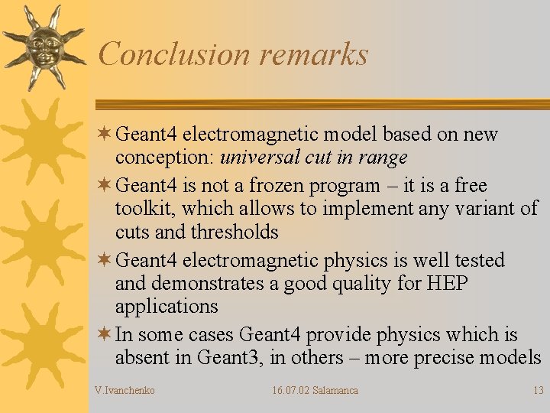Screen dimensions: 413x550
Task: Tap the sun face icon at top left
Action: pos(43,47)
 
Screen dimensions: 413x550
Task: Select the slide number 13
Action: pos(539,391)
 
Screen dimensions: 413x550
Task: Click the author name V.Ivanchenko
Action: pos(125,391)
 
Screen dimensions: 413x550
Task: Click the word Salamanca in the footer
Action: pos(335,391)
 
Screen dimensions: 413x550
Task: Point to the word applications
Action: pos(167,307)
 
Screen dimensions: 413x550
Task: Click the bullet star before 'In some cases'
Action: pos(105,335)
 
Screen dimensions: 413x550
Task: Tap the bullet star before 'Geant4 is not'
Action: pos(105,186)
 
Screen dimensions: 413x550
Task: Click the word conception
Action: pos(163,158)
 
